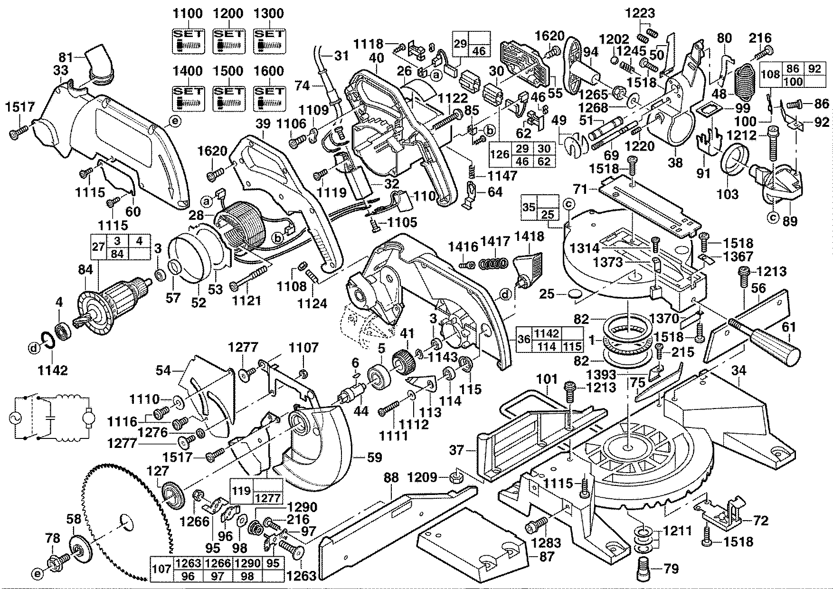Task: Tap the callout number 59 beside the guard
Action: pyautogui.click(x=375, y=457)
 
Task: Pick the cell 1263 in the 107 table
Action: pyautogui.click(x=189, y=563)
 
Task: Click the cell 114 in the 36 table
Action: pyautogui.click(x=547, y=347)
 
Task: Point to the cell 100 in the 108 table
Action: pyautogui.click(x=792, y=81)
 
